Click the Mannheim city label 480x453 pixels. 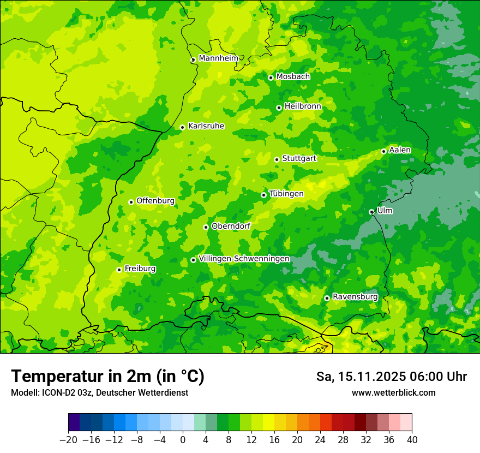click(218, 58)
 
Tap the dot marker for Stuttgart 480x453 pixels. click(277, 159)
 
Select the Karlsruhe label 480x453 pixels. click(206, 126)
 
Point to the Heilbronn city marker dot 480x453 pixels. click(279, 108)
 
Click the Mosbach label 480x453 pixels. click(292, 77)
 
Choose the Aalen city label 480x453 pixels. click(400, 150)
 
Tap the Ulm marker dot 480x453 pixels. click(371, 212)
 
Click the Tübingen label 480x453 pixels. click(286, 194)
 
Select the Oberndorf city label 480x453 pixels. click(231, 226)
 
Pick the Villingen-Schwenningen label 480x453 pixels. click(244, 259)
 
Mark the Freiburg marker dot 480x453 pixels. click(119, 270)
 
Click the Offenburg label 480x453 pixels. click(155, 201)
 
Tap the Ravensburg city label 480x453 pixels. click(355, 297)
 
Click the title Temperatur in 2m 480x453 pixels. click(107, 376)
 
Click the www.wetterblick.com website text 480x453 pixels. click(393, 392)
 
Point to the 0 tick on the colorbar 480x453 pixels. click(183, 439)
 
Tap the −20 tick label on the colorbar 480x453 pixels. click(68, 439)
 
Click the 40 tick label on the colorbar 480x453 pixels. click(412, 439)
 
